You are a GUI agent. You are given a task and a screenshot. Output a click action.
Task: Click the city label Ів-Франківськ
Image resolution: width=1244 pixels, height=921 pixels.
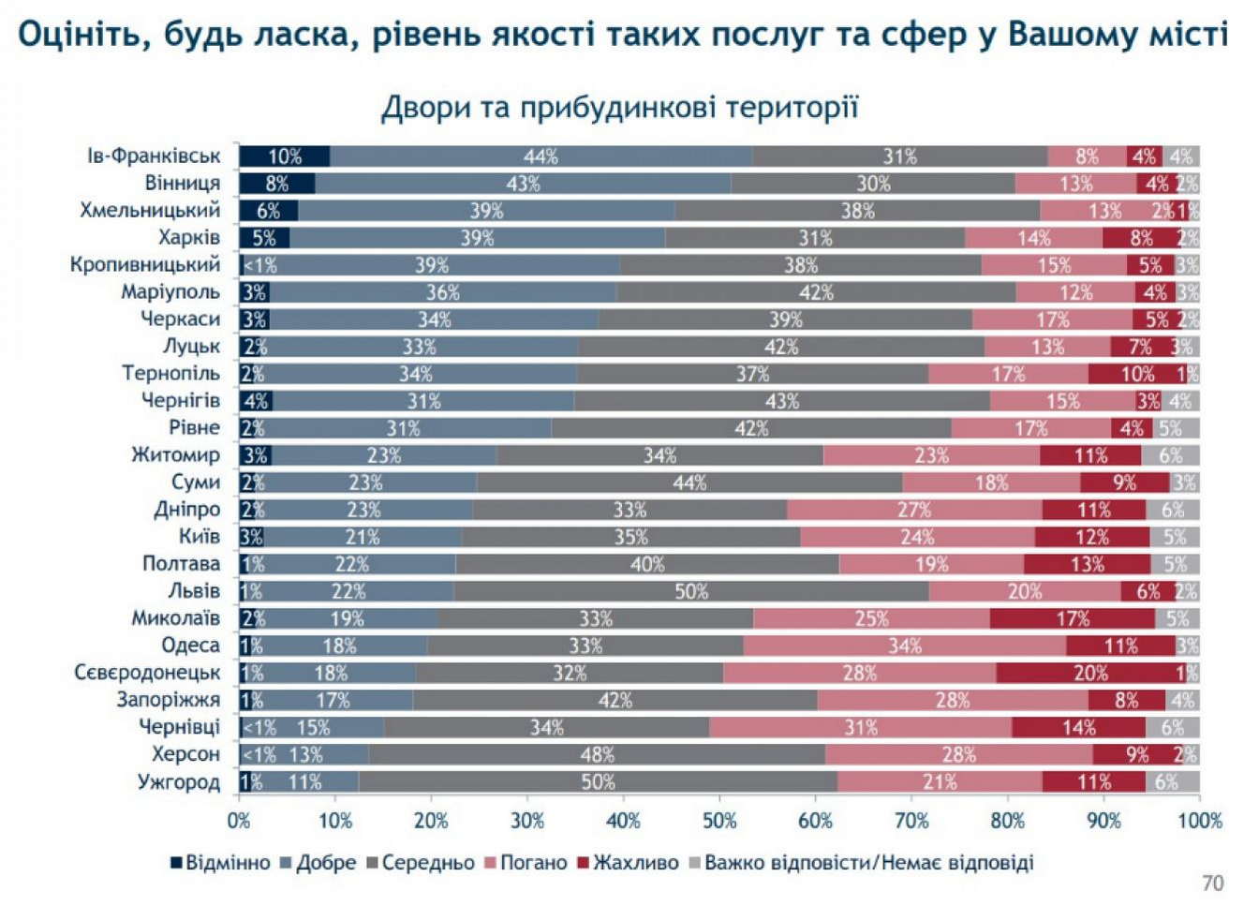155,156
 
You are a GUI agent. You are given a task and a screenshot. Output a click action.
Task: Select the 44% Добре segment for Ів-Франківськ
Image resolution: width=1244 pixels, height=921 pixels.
541,156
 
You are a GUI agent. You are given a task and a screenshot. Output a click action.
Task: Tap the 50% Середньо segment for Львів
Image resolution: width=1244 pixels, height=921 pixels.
691,591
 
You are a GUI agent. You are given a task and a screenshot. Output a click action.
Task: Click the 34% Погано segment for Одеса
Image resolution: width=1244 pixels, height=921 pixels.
904,646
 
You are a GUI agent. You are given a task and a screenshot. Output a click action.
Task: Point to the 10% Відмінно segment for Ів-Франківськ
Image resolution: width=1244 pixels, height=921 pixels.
285,156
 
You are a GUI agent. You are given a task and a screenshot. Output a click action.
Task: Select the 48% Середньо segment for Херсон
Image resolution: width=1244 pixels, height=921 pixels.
597,754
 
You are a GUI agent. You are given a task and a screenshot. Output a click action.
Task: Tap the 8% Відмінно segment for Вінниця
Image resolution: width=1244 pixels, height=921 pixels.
277,184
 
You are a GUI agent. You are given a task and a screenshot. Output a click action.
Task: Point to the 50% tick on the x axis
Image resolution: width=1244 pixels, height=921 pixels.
719,821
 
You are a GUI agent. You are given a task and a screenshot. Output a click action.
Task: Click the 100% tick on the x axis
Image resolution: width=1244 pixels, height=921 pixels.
1200,821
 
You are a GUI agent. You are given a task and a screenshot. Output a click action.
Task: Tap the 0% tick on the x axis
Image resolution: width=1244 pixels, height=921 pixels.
239,821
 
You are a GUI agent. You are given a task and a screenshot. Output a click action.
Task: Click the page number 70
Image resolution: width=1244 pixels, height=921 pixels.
1212,884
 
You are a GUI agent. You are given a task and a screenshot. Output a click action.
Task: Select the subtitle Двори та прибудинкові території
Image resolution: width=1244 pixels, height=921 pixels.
619,108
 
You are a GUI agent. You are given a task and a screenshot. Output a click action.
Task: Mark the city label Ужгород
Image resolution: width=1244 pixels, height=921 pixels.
179,781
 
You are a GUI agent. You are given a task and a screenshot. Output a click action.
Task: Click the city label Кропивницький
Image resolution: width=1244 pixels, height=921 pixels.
145,264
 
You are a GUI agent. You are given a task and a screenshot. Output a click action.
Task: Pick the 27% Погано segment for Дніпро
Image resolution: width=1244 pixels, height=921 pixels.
914,510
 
